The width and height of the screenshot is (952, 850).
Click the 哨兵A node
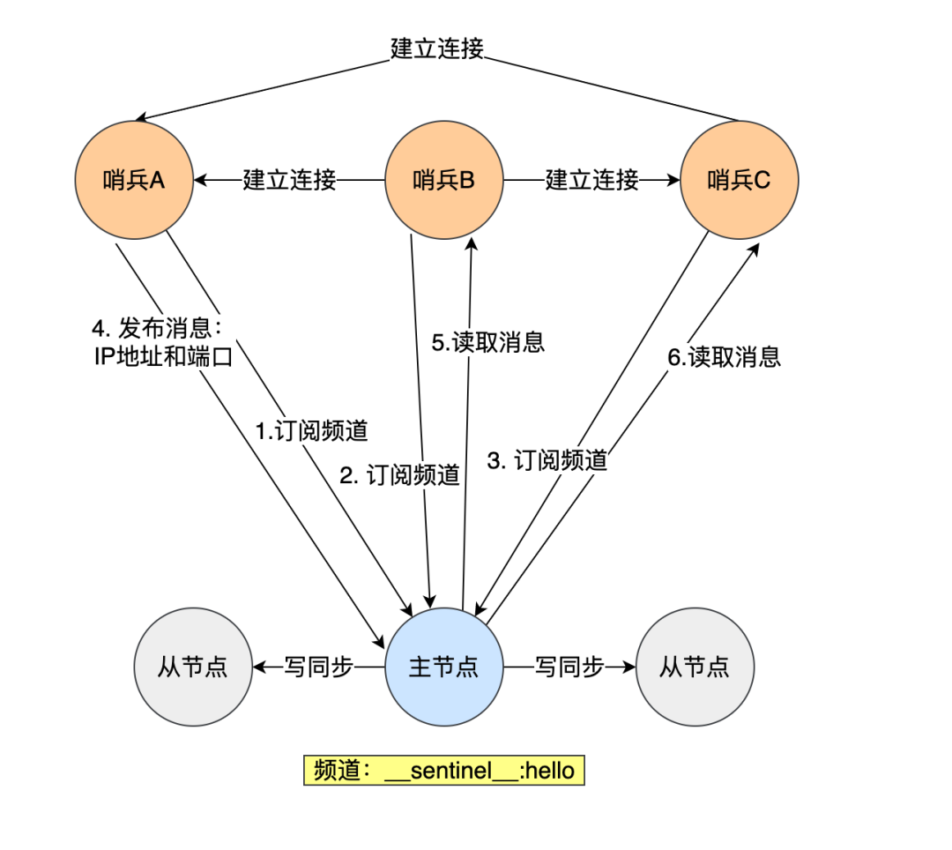(133, 181)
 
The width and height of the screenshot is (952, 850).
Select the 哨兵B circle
(444, 181)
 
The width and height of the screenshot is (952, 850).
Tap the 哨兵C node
(740, 181)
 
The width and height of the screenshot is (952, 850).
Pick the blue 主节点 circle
(444, 667)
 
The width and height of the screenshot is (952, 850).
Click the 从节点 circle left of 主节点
(192, 667)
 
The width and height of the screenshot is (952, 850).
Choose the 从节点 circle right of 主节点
(695, 667)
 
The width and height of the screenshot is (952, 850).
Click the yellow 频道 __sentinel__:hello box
(444, 771)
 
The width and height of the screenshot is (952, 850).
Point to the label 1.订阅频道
(311, 431)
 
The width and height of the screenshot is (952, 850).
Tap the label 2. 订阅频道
(400, 475)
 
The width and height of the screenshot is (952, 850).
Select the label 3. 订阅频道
(547, 459)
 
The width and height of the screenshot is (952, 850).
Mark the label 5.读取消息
(487, 342)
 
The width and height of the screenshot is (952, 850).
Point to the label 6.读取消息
(724, 356)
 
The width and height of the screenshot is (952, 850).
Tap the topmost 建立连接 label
(437, 48)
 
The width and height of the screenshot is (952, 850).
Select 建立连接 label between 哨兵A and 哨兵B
(290, 181)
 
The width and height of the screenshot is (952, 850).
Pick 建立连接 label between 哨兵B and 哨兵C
(591, 181)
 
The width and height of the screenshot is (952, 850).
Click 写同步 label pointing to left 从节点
(318, 667)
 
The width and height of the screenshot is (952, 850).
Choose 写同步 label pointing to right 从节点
(569, 667)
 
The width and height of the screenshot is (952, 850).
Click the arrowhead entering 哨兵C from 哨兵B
(674, 181)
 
